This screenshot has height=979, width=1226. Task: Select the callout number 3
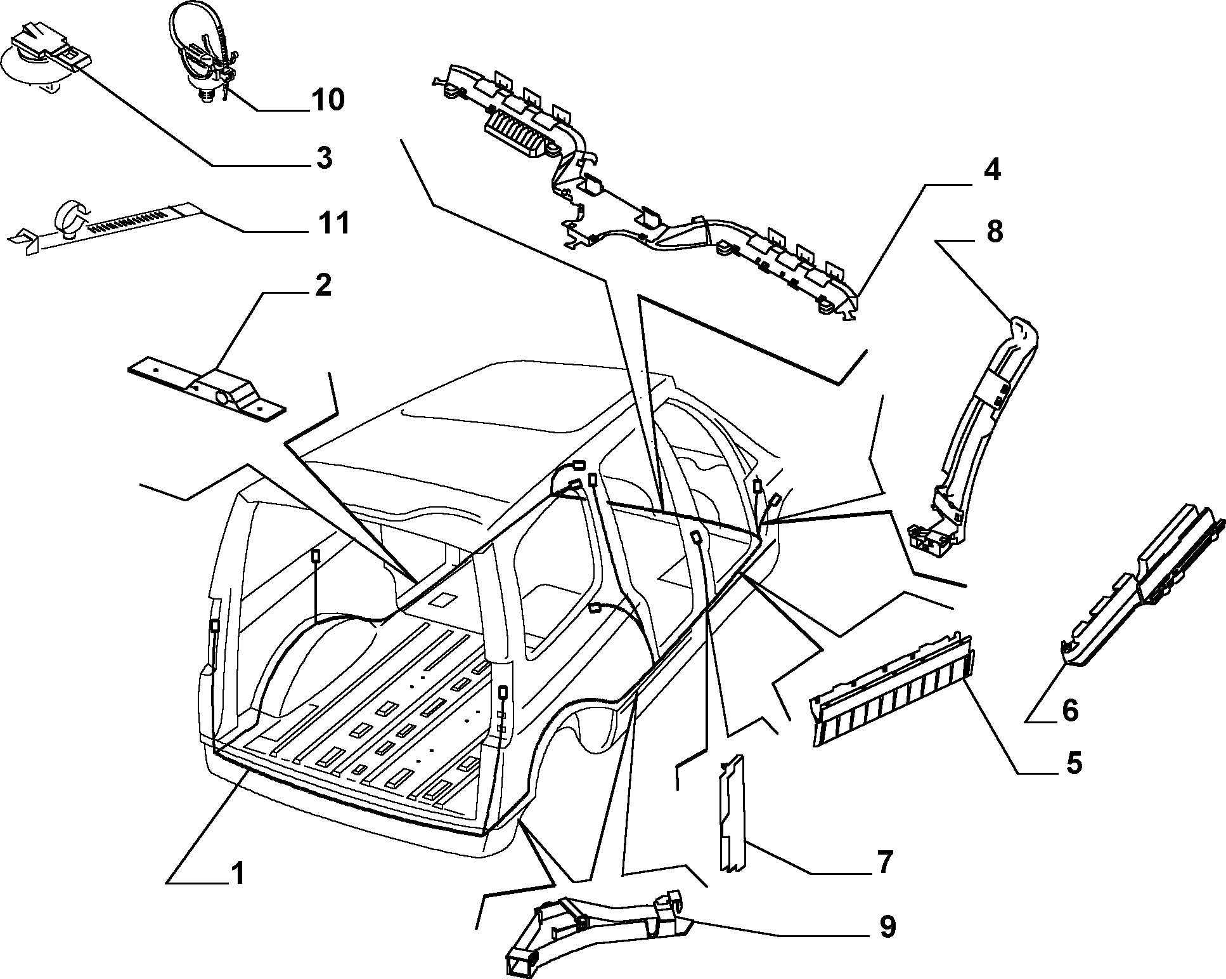[x=324, y=157]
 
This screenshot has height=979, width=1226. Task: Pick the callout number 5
[x=1073, y=763]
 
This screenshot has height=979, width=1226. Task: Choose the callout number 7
[x=884, y=862]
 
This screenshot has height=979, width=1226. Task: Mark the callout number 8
[x=995, y=232]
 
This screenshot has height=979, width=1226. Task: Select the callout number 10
[x=328, y=100]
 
